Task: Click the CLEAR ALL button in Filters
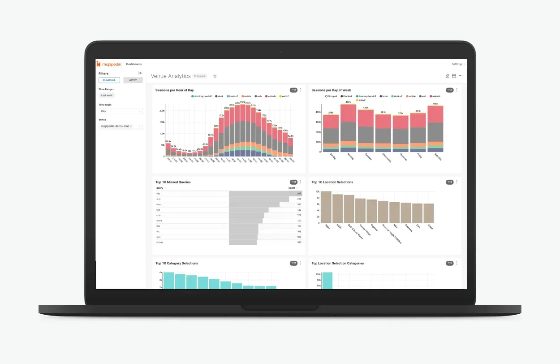pyautogui.click(x=109, y=80)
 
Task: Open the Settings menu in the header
pyautogui.click(x=457, y=64)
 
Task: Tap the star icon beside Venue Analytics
pyautogui.click(x=215, y=76)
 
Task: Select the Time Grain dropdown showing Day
pyautogui.click(x=121, y=111)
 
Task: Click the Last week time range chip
pyautogui.click(x=107, y=95)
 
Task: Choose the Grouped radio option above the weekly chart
pyautogui.click(x=327, y=96)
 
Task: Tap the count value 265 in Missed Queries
pyautogui.click(x=299, y=194)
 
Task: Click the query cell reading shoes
pyautogui.click(x=160, y=242)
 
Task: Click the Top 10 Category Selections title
pyautogui.click(x=177, y=263)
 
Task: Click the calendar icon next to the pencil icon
pyautogui.click(x=454, y=76)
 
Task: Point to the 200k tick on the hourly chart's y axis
pyautogui.click(x=162, y=111)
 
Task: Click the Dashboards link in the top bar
pyautogui.click(x=134, y=64)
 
